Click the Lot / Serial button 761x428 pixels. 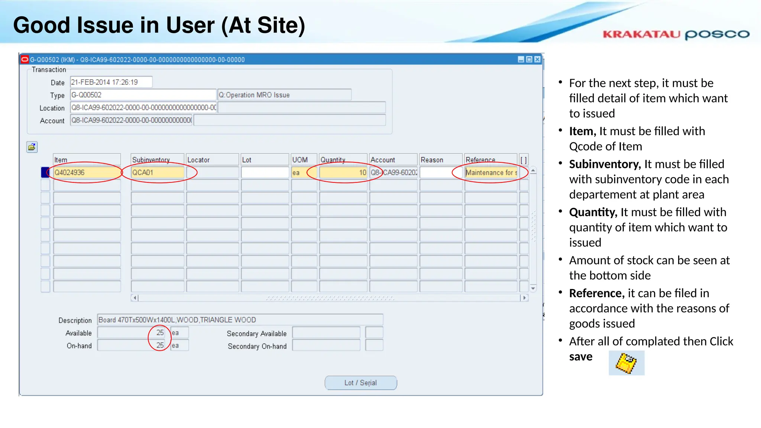coord(360,383)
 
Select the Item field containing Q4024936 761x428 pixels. coord(87,172)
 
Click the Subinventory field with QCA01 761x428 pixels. coord(157,172)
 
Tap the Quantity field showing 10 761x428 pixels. coord(343,172)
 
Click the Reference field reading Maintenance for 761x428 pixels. coord(490,172)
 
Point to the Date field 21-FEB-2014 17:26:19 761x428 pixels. coord(111,82)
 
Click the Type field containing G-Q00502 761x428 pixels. coord(143,95)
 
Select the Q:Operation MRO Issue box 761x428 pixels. coord(284,95)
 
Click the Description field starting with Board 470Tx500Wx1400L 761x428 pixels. coord(240,320)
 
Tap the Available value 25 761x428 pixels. coord(160,333)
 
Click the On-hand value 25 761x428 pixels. coord(160,345)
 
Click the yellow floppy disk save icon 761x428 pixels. coord(626,363)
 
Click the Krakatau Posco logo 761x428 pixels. coord(676,35)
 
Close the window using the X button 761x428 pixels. coord(537,59)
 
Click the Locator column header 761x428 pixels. coord(212,160)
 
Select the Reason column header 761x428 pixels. coord(440,160)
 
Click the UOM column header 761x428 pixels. coord(304,160)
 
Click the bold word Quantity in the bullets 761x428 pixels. coord(593,212)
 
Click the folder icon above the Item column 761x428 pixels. coord(32,147)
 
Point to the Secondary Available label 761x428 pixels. coord(256,334)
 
